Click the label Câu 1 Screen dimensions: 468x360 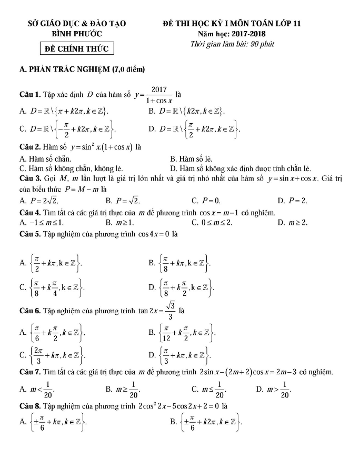[x=29, y=95]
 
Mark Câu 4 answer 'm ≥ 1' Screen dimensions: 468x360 [x=123, y=223]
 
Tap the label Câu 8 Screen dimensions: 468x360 [x=29, y=407]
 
